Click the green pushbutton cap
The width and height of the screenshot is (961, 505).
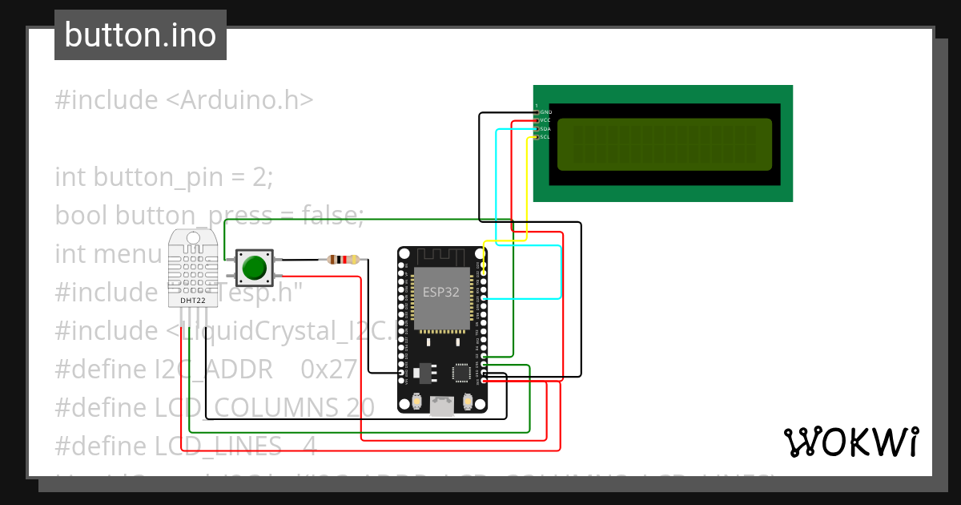255,267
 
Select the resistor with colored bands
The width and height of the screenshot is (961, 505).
344,260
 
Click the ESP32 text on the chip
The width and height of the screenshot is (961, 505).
441,292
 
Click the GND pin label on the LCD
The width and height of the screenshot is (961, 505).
546,112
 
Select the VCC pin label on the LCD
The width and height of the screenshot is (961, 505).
546,120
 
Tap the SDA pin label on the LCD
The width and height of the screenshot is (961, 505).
546,129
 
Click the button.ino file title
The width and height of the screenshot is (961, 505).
140,35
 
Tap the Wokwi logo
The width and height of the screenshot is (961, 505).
850,442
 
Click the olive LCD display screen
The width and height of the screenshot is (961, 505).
664,144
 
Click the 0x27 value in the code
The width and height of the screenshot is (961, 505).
328,369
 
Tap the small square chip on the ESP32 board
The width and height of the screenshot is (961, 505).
461,372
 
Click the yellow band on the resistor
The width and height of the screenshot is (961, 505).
355,260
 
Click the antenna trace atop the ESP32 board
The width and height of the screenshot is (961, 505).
441,256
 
